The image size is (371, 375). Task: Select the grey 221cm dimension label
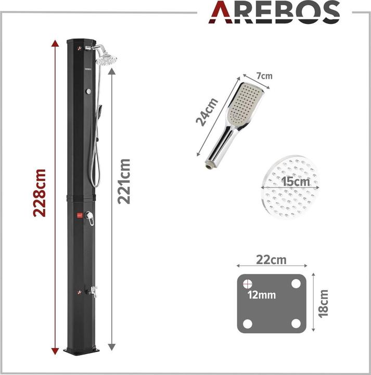coord(124,182)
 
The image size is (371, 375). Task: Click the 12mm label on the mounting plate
coord(262,295)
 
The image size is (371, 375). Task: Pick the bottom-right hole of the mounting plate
coord(296,323)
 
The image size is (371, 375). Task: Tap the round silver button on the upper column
coord(88,92)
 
